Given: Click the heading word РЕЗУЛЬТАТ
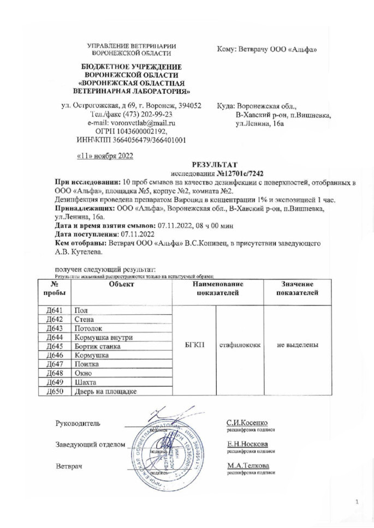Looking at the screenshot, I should point(211,163).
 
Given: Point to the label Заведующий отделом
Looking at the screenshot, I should point(87,444).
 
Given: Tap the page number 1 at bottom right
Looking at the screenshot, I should point(357,501).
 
